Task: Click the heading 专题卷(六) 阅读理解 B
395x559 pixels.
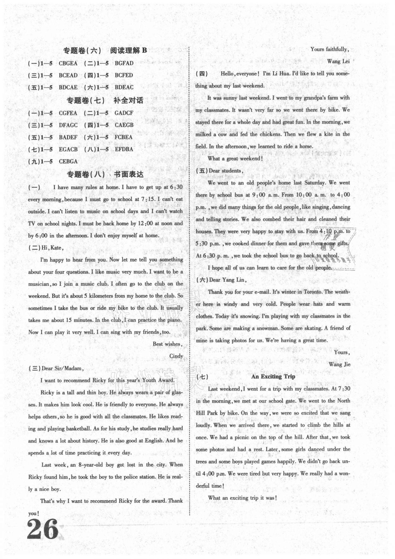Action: [x=105, y=50]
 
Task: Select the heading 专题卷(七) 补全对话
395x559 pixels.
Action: [x=105, y=100]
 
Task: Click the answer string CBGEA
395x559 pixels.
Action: [x=68, y=63]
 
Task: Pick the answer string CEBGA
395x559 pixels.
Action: [x=68, y=161]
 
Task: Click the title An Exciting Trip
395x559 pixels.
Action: [x=273, y=376]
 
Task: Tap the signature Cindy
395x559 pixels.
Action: [x=176, y=356]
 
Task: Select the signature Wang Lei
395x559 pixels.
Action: [x=338, y=61]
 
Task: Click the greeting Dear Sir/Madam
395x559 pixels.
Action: [x=63, y=368]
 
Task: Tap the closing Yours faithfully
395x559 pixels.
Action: [x=330, y=49]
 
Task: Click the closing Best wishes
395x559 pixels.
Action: [x=167, y=344]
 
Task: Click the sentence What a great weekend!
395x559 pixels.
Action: [x=235, y=159]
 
